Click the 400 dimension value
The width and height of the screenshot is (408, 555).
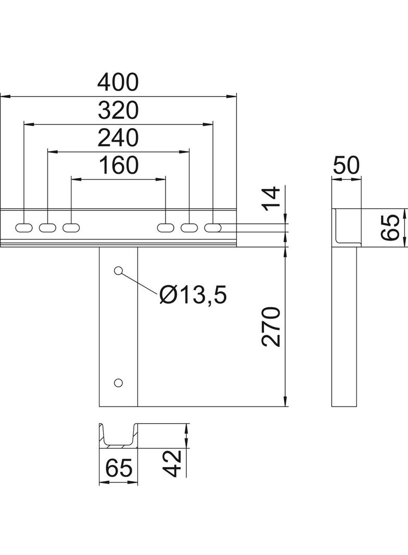118,82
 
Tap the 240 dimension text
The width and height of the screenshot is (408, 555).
118,138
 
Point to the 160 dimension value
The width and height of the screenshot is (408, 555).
119,165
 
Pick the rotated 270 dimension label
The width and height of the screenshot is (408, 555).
271,326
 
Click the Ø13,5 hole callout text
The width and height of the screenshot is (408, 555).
193,295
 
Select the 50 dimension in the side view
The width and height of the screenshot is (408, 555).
346,165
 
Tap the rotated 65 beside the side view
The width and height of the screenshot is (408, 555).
390,227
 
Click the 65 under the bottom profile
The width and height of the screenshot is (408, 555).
119,468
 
